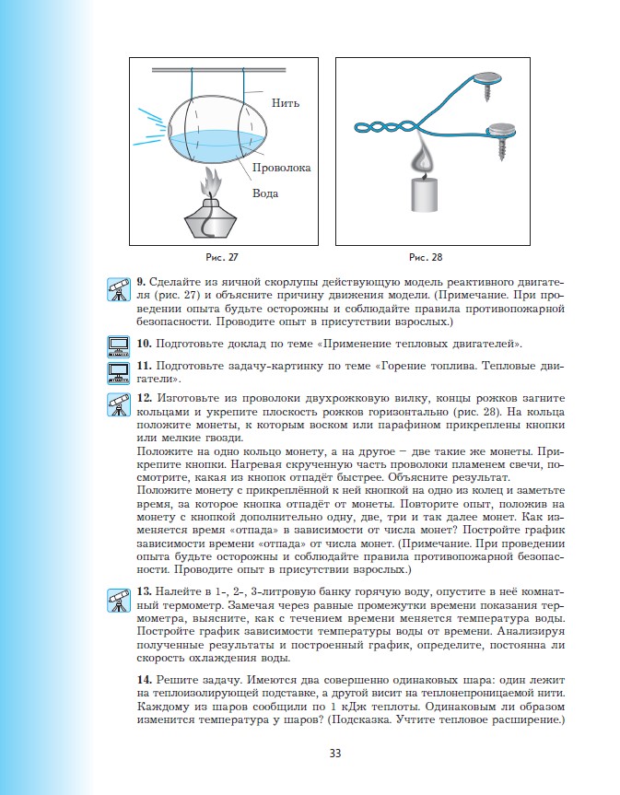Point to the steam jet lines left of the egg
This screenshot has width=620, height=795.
pyautogui.click(x=146, y=134)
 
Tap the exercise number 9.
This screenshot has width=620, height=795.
pyautogui.click(x=141, y=282)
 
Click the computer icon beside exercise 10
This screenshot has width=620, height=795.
pyautogui.click(x=118, y=346)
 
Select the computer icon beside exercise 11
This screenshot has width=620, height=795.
pyautogui.click(x=118, y=371)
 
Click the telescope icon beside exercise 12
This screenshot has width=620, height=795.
pyautogui.click(x=118, y=405)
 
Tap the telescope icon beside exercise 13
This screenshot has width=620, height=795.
pyautogui.click(x=118, y=599)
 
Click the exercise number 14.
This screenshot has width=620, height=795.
pyautogui.click(x=143, y=679)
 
